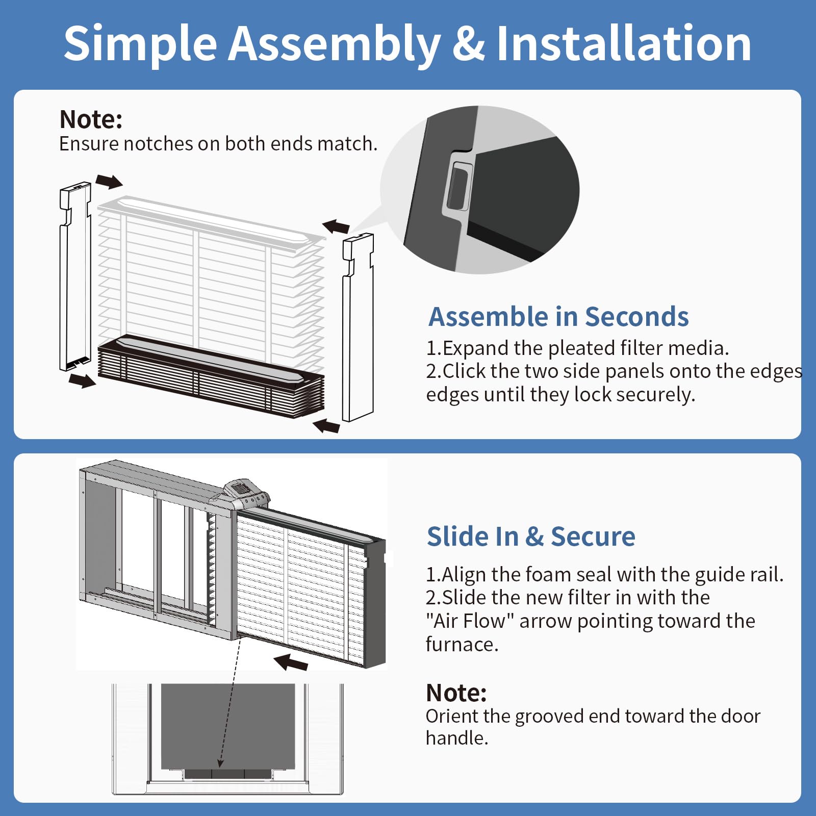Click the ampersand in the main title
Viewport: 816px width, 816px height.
pos(468,44)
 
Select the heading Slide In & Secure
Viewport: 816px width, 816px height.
pos(531,537)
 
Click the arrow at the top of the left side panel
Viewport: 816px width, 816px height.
pos(109,181)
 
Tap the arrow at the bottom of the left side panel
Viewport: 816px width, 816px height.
pos(82,380)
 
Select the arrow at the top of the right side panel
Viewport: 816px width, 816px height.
pos(336,226)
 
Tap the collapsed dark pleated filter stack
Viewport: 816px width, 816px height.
pos(211,376)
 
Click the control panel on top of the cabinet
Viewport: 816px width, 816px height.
pos(246,493)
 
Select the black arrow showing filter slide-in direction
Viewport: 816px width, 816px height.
pos(291,662)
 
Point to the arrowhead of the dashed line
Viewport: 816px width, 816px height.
pos(220,763)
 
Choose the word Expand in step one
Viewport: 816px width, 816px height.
pos(476,349)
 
